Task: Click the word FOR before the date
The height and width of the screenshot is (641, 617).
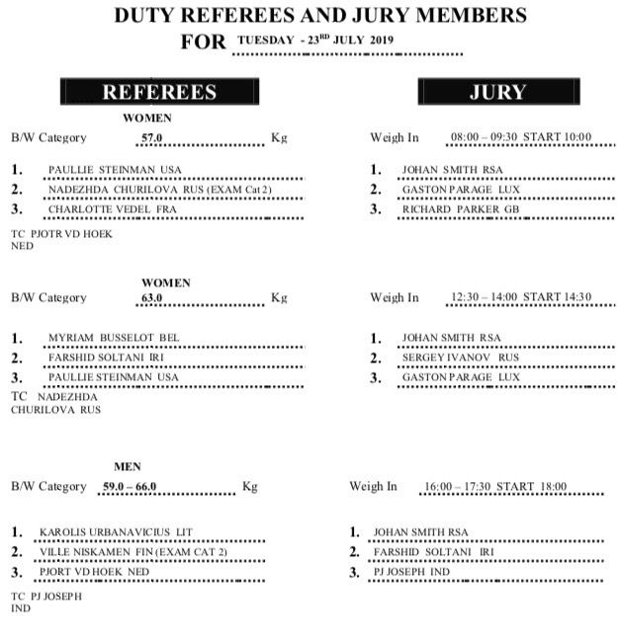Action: tap(205, 42)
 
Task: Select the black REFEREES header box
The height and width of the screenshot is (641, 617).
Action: tap(159, 92)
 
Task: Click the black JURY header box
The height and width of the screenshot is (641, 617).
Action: tap(496, 92)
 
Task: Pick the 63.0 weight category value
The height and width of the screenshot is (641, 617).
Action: tap(151, 297)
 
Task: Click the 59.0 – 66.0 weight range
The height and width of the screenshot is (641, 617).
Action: tap(130, 486)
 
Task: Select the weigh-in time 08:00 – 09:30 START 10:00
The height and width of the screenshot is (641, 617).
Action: tap(520, 138)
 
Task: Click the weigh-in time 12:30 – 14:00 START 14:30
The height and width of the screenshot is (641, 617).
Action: tap(520, 297)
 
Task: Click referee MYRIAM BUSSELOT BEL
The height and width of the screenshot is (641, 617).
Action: tap(114, 338)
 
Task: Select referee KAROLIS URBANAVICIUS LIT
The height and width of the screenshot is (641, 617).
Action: tap(116, 532)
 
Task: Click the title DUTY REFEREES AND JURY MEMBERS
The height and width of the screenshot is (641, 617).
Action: tap(320, 15)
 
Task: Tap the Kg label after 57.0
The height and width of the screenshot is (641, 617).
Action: tap(279, 138)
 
